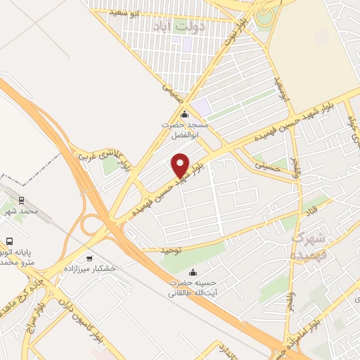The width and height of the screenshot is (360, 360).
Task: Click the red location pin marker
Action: pyautogui.click(x=181, y=165)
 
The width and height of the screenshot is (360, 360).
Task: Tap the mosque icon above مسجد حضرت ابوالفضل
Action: pyautogui.click(x=184, y=115)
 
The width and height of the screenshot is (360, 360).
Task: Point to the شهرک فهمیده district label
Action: pyautogui.click(x=309, y=244)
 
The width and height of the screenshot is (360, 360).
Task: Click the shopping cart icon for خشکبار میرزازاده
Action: pyautogui.click(x=89, y=258)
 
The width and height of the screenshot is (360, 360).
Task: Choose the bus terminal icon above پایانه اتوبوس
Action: pyautogui.click(x=10, y=240)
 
